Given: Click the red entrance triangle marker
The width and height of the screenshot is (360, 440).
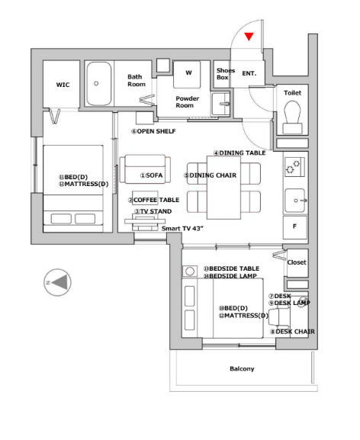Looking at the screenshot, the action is pos(249,37).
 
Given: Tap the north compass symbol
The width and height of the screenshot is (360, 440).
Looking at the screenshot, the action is pos(57,282).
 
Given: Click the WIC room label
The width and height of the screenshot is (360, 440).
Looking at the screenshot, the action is pos(63,85).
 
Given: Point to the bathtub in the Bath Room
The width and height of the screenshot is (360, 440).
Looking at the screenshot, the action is pos(98,83).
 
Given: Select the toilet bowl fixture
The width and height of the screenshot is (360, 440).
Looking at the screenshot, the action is pos(292,117).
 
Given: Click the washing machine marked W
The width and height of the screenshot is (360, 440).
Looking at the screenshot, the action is pos(187,75).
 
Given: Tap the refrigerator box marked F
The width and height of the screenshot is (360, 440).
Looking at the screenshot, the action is pos(295,227).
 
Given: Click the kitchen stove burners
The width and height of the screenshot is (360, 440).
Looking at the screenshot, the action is pos(294,167).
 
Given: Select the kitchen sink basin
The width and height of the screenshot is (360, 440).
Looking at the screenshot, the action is pos(295,201).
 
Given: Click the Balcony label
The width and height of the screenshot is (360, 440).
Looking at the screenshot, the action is pos(242,369).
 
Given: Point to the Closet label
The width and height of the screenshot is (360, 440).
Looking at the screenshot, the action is pos(297,262).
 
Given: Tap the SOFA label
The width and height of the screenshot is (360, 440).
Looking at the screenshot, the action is pos(151,175).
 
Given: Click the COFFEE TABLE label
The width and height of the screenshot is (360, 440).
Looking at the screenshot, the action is pos(154,200).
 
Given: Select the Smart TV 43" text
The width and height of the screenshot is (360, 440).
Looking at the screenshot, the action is pos(182,229).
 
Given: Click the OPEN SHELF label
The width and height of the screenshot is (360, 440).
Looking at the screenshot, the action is pos(153,131).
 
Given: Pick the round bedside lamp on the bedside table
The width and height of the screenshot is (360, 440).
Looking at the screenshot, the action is pos(190,271).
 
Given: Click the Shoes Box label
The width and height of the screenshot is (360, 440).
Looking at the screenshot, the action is pos(225,74).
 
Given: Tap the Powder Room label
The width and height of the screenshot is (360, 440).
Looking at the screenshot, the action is pos(187,102).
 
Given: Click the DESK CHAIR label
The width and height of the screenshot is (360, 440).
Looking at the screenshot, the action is pos(292,332).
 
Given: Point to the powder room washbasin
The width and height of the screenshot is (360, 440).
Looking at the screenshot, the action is pos(221,104).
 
